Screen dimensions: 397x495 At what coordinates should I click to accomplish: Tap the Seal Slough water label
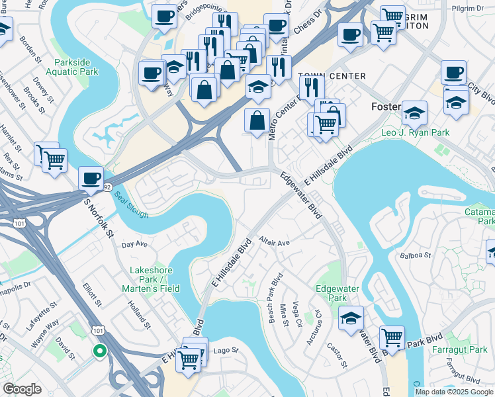click(x=130, y=206)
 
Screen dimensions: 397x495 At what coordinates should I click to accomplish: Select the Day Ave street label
click(x=135, y=244)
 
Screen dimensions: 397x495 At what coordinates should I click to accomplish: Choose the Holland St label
click(x=140, y=313)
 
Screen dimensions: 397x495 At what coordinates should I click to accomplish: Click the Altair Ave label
click(x=275, y=242)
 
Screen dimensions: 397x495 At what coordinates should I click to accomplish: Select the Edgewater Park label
click(x=332, y=293)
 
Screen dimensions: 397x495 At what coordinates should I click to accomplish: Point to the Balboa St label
click(x=416, y=254)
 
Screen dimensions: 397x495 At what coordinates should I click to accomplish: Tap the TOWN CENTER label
click(x=332, y=76)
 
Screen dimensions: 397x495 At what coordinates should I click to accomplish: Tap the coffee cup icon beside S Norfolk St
click(x=91, y=178)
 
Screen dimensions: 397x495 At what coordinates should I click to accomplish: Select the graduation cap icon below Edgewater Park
click(x=351, y=318)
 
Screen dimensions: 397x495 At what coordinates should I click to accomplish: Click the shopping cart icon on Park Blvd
click(x=392, y=338)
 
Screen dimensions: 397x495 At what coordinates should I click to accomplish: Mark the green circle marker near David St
click(x=99, y=351)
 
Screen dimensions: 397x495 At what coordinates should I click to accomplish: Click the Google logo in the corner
click(x=22, y=389)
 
